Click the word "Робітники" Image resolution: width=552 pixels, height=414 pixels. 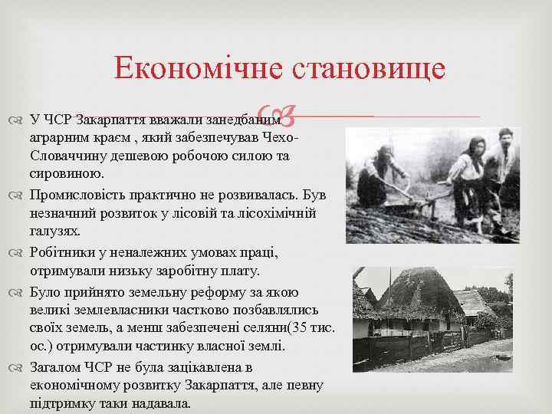coord(64,252)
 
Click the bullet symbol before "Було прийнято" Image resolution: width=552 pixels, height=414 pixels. coord(18,292)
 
